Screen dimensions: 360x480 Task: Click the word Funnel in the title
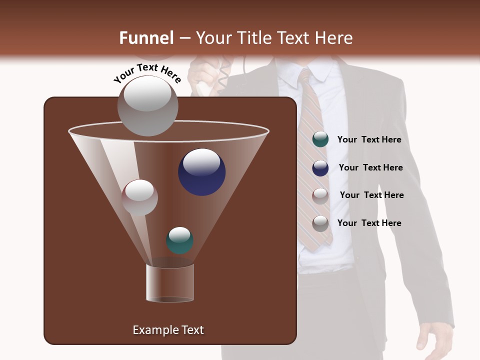146,38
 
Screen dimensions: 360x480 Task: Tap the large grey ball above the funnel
148,105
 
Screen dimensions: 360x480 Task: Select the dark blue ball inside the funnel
201,172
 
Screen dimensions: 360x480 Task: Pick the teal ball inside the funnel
179,240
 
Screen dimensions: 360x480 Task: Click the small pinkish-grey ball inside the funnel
139,197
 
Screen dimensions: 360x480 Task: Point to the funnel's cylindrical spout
170,283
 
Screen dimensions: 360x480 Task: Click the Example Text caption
168,330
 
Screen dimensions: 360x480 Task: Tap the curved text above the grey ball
147,73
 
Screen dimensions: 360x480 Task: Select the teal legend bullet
320,139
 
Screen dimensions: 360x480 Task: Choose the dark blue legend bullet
320,168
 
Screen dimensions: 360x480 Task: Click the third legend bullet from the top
320,195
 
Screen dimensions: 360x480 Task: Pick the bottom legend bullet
320,223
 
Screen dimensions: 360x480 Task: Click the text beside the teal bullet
369,140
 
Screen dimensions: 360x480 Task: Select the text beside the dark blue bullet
370,167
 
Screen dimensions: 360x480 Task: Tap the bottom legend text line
369,223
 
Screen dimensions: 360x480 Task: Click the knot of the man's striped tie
306,78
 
